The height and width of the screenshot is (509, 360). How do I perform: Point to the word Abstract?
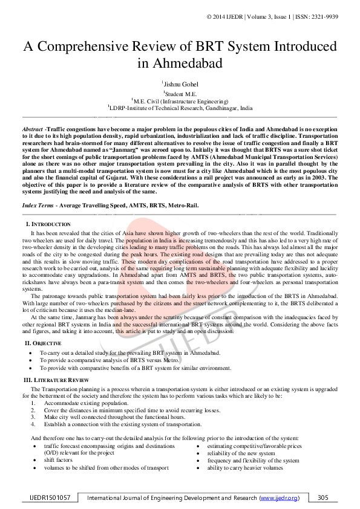point(32,129)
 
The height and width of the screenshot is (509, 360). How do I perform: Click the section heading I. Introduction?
point(48,224)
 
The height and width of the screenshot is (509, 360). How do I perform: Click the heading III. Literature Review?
point(56,380)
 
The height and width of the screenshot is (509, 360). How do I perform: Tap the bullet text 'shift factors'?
point(61,460)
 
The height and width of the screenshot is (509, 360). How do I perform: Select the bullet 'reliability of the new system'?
point(241,453)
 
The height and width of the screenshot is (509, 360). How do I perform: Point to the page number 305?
point(322,498)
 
